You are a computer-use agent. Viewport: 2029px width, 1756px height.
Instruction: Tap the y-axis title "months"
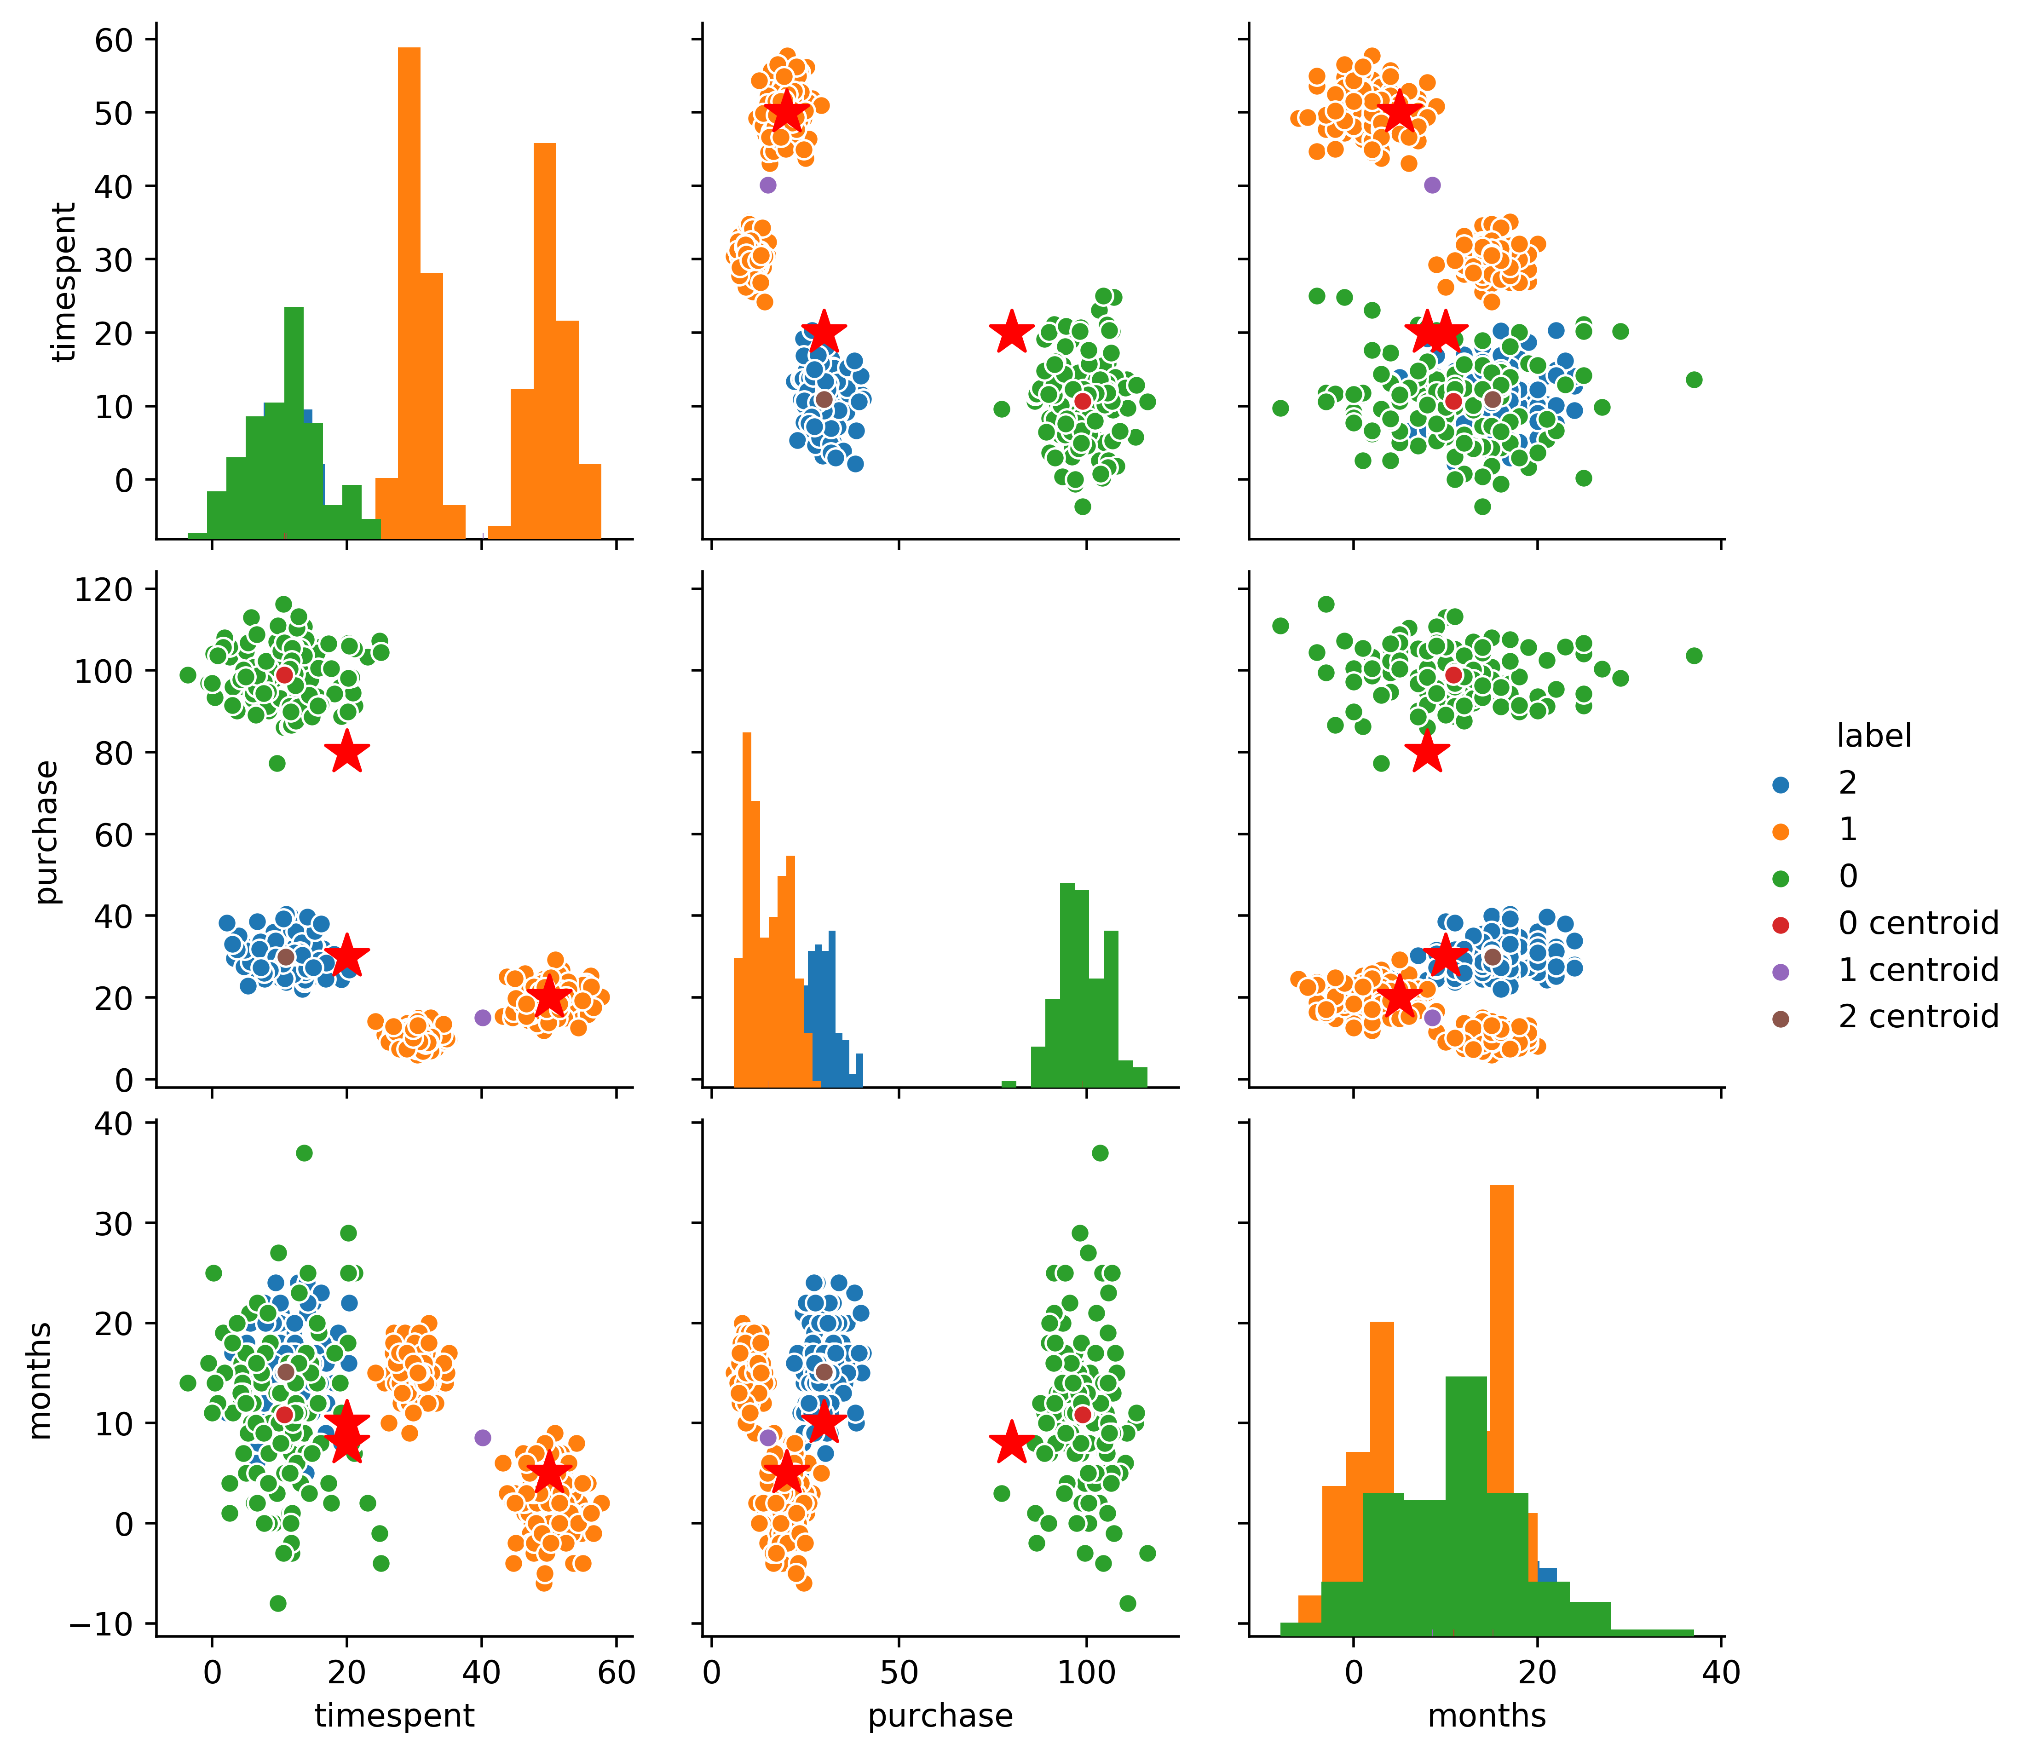tap(39, 1380)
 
